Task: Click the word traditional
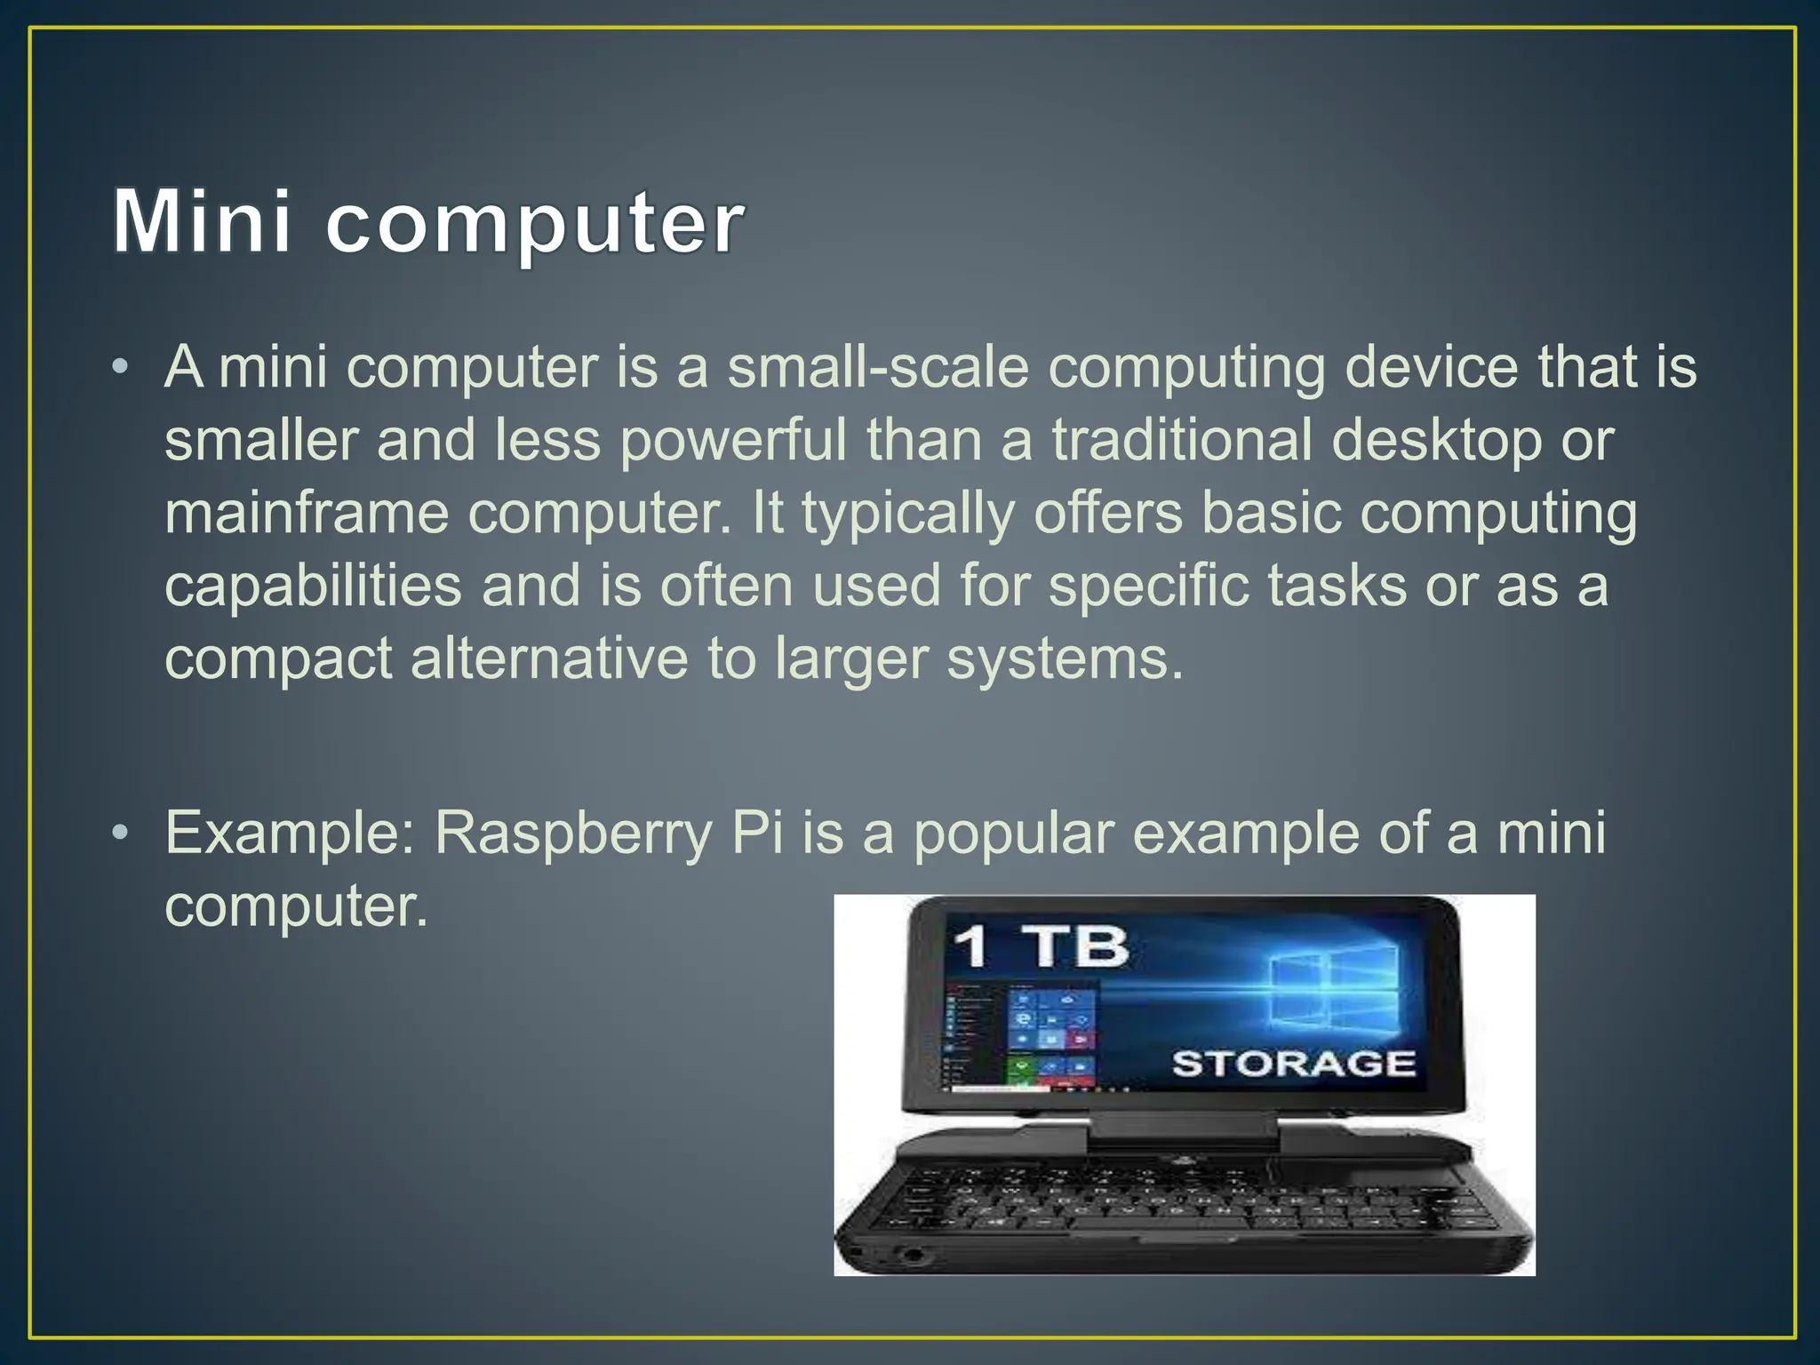(1182, 440)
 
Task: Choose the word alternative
(548, 659)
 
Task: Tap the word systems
(1066, 660)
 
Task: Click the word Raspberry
(573, 834)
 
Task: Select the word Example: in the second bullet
(290, 834)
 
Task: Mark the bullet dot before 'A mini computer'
(120, 366)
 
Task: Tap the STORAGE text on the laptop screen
(1293, 1063)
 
